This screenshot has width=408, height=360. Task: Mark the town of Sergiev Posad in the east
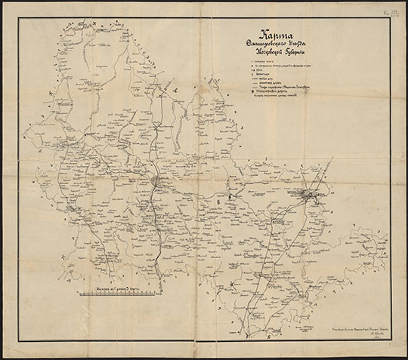point(310,195)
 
